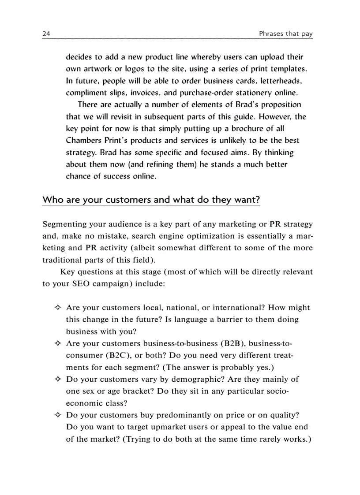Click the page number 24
point(46,33)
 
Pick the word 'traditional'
point(64,260)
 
